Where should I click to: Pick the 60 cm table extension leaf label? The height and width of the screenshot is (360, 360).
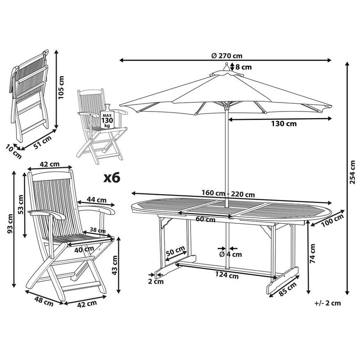coord(205,220)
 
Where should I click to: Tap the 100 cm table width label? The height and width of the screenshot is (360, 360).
coord(333,220)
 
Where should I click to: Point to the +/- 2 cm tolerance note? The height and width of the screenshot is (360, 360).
coord(328,303)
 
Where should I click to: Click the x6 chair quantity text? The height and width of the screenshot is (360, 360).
coord(111,178)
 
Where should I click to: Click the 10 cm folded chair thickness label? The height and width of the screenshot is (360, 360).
coord(12,151)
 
